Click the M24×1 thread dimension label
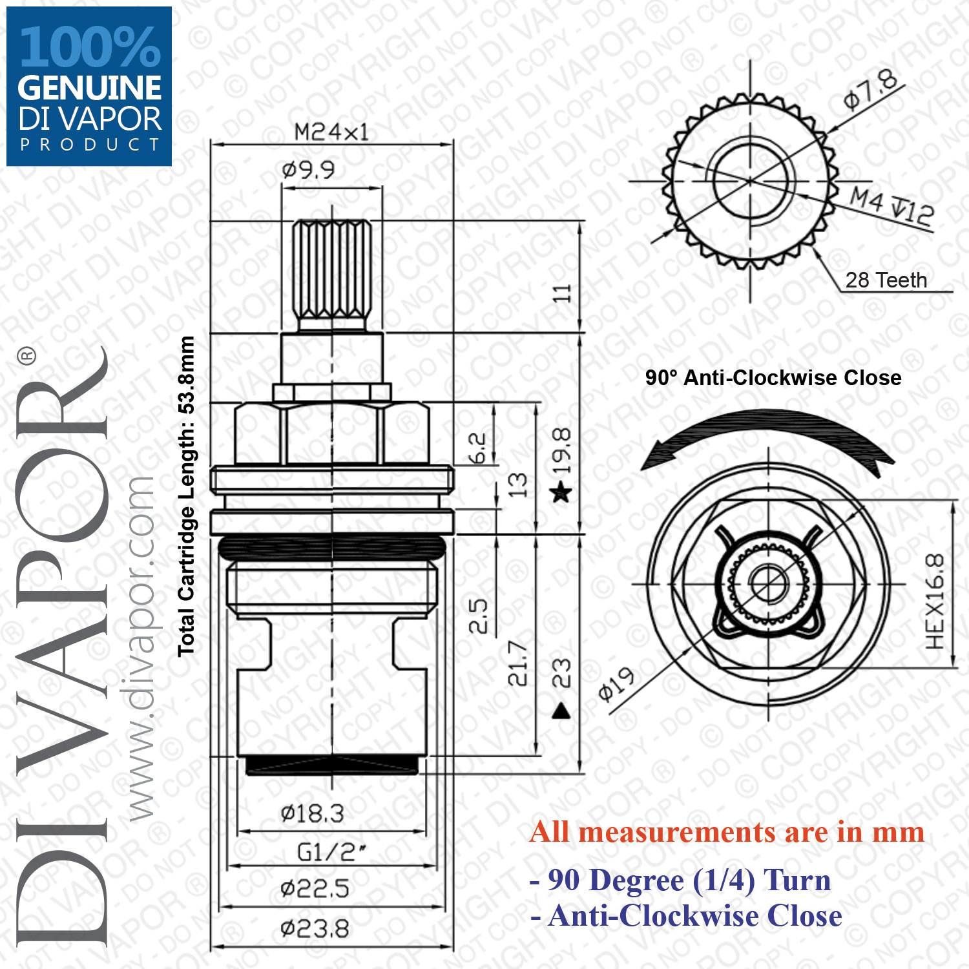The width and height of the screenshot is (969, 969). point(331,132)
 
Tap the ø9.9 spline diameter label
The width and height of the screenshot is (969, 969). point(308,170)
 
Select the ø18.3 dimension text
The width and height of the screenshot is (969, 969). point(312,813)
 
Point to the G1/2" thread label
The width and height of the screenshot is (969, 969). point(331,852)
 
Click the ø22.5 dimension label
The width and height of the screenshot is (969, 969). point(315,890)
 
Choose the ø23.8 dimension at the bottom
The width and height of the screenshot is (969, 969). point(315,930)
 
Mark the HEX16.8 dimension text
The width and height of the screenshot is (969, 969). point(935,602)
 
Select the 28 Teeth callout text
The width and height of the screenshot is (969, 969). point(886,280)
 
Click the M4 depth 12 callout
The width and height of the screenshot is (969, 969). point(891,206)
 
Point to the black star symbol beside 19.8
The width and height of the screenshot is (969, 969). point(561,494)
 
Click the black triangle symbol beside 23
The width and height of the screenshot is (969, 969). point(561,711)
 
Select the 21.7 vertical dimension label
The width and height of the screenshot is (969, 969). point(517,663)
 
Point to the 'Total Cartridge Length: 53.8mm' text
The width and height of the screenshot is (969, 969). point(186,496)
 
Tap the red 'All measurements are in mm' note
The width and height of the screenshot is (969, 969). point(727,832)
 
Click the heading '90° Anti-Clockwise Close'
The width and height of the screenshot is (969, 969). point(773,377)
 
